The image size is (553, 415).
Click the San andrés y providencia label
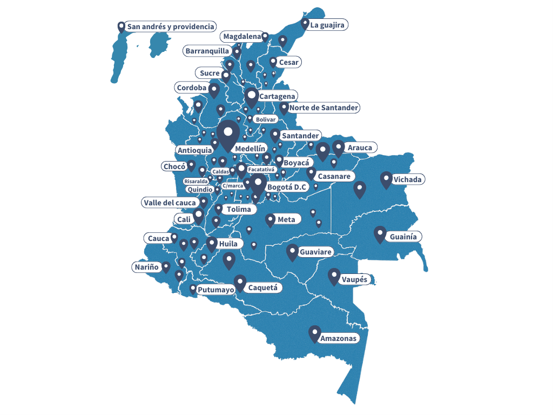pos(171,26)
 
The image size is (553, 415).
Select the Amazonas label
pos(339,339)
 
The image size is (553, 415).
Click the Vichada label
pos(408,179)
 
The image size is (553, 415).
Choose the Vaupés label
pos(354,280)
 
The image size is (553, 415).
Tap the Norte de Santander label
pos(323,108)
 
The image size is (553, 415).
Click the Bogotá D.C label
pos(287,187)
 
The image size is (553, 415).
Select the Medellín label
pos(251,148)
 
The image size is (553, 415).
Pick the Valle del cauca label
pos(170,203)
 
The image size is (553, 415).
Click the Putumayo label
pos(215,290)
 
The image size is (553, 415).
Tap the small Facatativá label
pos(261,170)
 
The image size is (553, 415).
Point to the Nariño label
pos(146,266)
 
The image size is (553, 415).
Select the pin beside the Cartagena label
pos(251,97)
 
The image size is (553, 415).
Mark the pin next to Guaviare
pos(292,251)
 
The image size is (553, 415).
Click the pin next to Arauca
pos(339,147)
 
